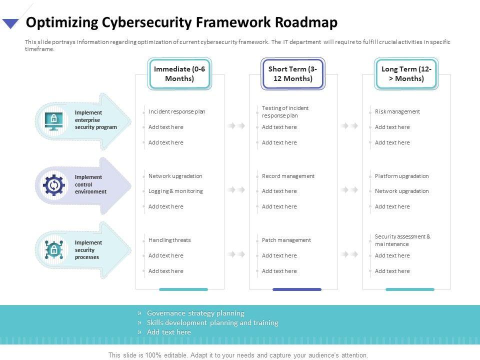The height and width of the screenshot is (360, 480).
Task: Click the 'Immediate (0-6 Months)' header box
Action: point(179,74)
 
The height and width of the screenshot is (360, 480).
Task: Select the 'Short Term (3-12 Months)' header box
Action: point(293,74)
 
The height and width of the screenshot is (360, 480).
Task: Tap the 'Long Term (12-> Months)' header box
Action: point(406,74)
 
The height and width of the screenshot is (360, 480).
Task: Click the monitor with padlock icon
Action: point(53,120)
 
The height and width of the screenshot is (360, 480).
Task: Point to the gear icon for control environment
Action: point(53,185)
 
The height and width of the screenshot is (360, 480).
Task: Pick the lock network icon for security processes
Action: point(53,249)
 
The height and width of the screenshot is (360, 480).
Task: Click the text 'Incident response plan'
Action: point(177,111)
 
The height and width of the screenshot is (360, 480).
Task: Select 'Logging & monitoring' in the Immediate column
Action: point(175,191)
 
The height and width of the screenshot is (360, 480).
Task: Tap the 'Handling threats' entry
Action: point(169,240)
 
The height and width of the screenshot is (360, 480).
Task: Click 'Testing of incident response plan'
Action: point(285,111)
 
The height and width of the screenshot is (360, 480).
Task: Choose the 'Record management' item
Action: point(288,176)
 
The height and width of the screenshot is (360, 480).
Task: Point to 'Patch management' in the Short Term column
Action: point(286,240)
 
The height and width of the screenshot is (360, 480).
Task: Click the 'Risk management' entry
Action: point(397,111)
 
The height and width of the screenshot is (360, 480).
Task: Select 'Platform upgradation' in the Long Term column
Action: point(401,176)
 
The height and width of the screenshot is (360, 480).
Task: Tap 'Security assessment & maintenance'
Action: point(402,240)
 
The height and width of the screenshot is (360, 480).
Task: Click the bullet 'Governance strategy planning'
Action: point(195,313)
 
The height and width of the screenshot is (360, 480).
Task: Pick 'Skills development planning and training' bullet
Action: point(212,323)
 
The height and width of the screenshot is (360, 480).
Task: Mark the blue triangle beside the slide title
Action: point(10,23)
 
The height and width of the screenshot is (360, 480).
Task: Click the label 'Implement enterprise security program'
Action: point(95,120)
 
